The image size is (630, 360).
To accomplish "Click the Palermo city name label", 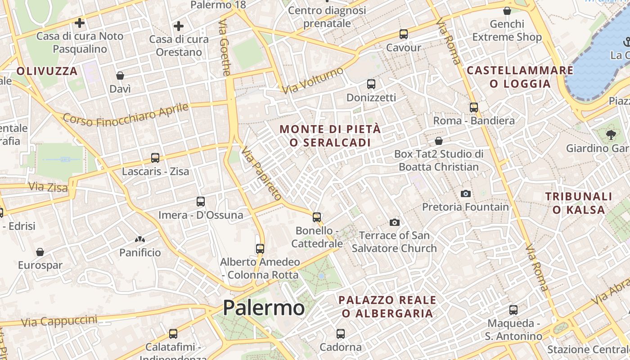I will [264, 308].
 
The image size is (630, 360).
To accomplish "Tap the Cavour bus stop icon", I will [403, 34].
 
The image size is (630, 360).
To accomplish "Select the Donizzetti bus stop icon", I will [371, 84].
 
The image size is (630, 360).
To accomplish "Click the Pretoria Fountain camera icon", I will [466, 193].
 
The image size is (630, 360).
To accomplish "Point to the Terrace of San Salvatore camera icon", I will [395, 222].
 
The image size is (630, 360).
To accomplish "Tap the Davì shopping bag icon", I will [120, 76].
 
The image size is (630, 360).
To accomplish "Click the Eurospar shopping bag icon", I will [40, 252].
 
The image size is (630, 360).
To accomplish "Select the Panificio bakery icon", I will [140, 240].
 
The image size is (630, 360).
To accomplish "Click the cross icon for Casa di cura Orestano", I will [179, 26].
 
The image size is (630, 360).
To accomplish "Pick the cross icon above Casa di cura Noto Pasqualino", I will [80, 22].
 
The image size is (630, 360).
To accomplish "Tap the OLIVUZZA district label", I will [47, 71].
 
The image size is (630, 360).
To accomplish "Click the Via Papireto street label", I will [261, 173].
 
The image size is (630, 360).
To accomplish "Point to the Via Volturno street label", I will [313, 81].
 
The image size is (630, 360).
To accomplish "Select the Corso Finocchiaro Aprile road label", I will [125, 114].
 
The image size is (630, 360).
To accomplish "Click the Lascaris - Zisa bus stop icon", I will [155, 158].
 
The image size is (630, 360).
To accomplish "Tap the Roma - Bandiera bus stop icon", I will [473, 107].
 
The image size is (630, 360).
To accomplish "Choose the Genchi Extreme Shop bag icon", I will [507, 11].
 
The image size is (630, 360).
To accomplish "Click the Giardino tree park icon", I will [611, 134].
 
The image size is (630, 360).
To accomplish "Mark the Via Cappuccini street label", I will [59, 321].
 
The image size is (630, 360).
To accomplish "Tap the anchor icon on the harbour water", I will [625, 42].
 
